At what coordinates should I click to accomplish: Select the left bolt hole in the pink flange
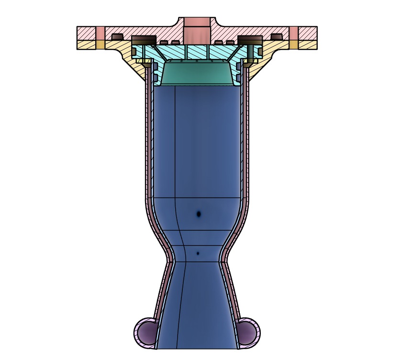point(100,34)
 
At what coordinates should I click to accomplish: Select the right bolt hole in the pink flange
point(294,34)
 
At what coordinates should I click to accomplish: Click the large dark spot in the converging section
point(198,214)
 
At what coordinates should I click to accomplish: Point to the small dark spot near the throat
point(198,253)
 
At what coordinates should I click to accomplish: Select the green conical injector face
point(197,74)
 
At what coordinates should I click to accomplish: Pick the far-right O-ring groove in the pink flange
point(277,37)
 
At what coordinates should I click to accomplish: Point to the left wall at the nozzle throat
point(169,261)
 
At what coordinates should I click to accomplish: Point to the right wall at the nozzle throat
point(224,261)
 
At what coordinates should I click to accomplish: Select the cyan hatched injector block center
point(197,52)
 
